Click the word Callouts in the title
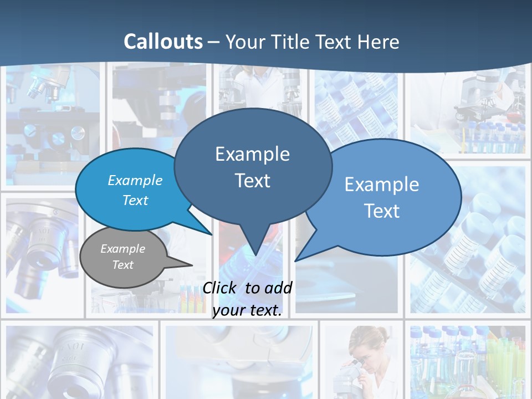(163, 42)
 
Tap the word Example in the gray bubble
(122, 249)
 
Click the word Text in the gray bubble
(122, 265)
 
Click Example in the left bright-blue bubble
(135, 181)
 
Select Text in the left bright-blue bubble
(135, 200)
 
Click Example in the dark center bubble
(252, 154)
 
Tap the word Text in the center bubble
(252, 181)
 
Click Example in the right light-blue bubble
(382, 185)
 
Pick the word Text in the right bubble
(382, 211)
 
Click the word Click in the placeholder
(220, 288)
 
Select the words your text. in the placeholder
(247, 310)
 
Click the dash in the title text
(214, 42)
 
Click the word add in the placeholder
(279, 288)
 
